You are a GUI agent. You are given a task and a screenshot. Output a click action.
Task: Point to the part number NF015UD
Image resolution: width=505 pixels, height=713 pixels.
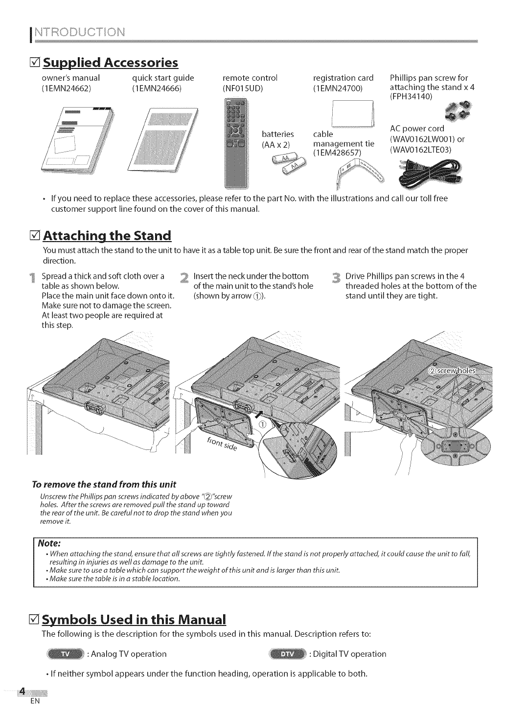coord(243,89)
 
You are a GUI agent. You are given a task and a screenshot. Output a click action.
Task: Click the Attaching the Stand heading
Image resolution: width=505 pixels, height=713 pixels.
coord(107,236)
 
